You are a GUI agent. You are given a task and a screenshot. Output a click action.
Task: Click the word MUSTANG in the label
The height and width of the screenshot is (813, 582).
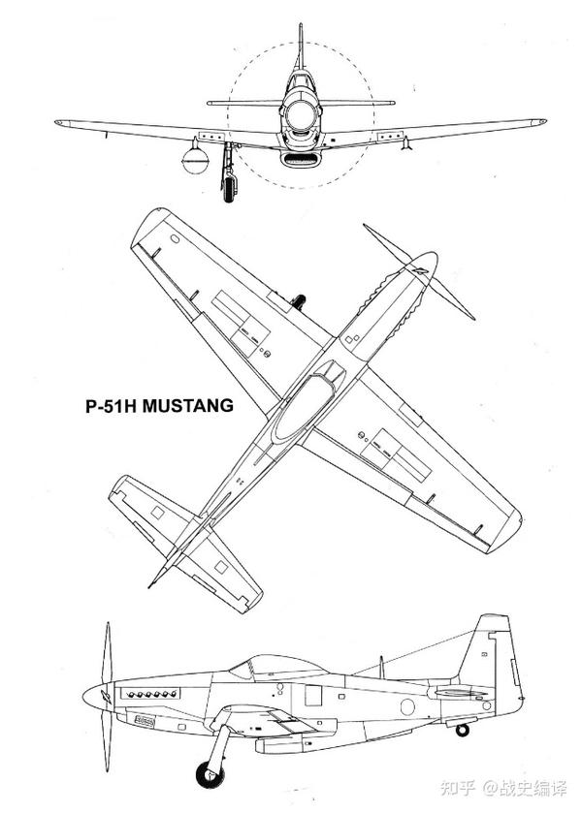click(x=188, y=406)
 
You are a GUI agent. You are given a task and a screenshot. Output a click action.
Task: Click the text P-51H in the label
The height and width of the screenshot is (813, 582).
click(x=112, y=406)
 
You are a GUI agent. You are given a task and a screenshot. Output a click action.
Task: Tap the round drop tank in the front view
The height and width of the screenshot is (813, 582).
click(x=196, y=156)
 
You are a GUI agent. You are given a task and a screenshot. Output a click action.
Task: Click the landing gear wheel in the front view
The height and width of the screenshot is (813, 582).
click(x=229, y=187)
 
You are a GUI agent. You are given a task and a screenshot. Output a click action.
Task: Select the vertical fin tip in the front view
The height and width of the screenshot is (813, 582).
click(x=301, y=30)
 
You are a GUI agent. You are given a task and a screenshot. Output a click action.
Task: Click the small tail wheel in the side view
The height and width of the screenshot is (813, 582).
click(x=463, y=729)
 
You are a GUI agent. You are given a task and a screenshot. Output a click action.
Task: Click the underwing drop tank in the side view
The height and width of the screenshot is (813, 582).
click(x=281, y=743)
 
